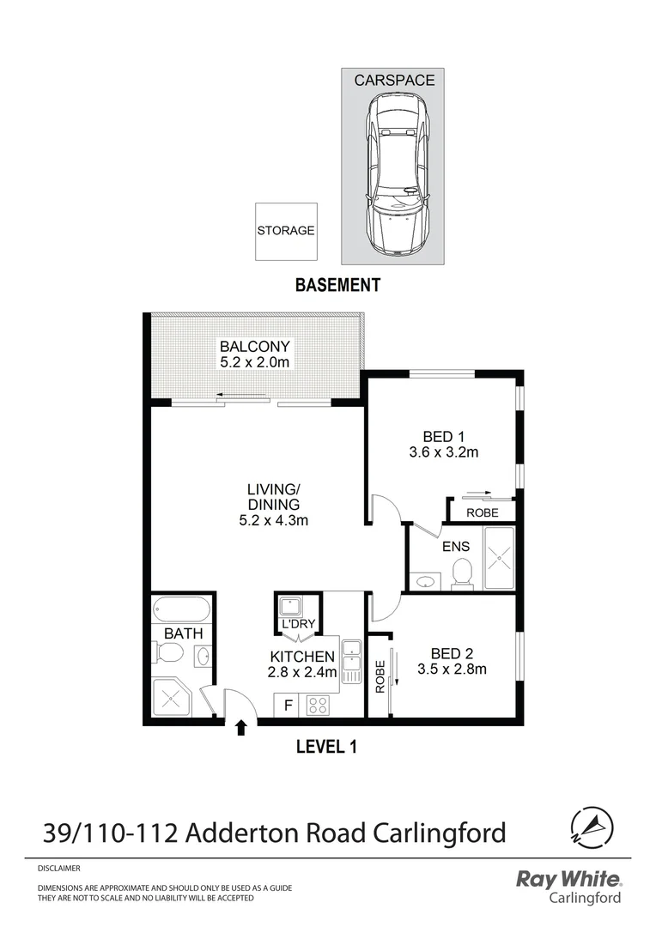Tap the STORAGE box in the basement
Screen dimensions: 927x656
click(285, 231)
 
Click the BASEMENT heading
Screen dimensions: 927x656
click(337, 286)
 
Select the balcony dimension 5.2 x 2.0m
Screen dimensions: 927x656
click(255, 362)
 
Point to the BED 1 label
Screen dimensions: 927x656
click(443, 436)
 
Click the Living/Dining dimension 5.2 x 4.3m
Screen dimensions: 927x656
click(273, 520)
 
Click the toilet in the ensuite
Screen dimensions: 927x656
click(462, 573)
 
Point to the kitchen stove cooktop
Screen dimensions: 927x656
click(317, 705)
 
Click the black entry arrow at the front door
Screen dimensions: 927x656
click(241, 728)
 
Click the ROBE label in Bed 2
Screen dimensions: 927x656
click(379, 676)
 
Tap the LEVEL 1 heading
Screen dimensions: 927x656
click(325, 747)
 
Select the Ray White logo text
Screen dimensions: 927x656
click(568, 879)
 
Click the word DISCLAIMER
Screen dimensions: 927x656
click(59, 869)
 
